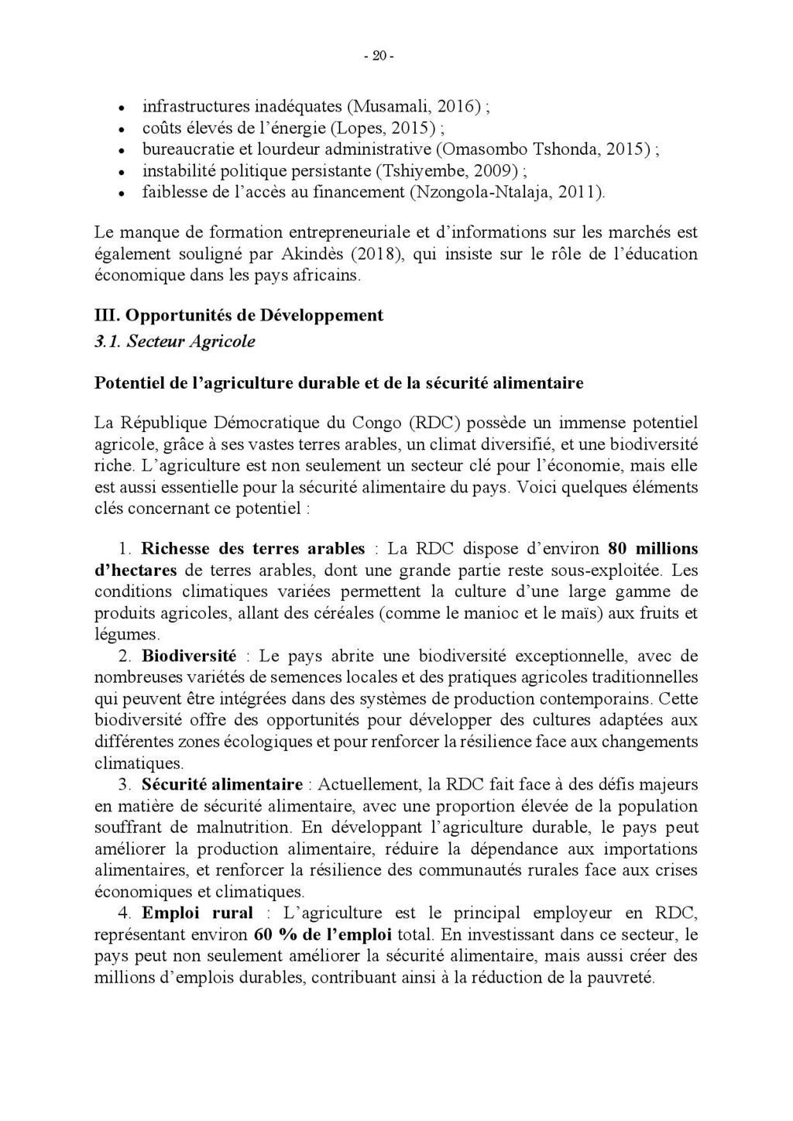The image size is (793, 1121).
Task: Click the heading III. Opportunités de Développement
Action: [239, 315]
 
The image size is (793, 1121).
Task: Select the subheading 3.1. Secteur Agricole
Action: [174, 341]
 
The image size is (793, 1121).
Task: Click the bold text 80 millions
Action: [653, 549]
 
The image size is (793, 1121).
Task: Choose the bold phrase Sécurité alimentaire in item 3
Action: [221, 784]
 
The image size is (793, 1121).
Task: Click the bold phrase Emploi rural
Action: [197, 913]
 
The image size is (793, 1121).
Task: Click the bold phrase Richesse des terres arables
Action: [252, 549]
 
